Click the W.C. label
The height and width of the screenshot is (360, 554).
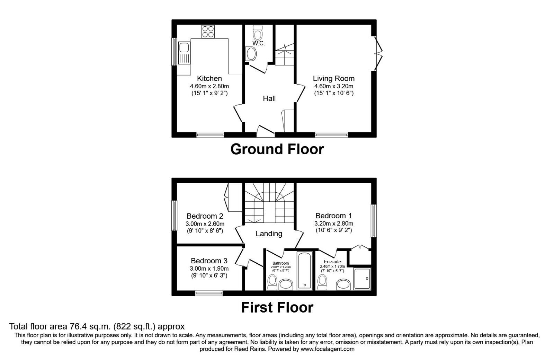point(259,44)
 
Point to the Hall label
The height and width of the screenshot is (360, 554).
point(269,99)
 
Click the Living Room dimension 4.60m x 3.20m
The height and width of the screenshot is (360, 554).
point(333,86)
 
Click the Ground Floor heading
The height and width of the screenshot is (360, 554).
point(277,149)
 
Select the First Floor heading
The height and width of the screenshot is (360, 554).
point(277,307)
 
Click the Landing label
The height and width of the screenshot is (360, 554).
point(269,234)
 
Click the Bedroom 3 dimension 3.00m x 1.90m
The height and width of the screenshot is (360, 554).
point(209,269)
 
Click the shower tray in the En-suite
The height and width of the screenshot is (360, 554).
point(362,279)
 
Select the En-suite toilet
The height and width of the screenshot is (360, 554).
point(323,282)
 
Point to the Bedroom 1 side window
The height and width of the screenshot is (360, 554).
point(374,221)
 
